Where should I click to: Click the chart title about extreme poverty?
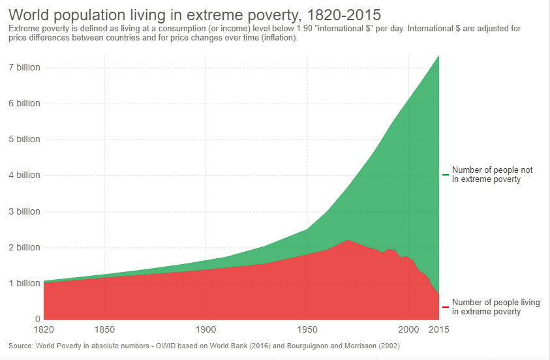point(194,14)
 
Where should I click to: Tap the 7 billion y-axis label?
point(24,67)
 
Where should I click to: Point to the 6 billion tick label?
point(24,103)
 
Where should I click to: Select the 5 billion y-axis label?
point(24,139)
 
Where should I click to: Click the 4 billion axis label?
point(24,175)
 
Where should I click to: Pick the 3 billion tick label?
point(24,211)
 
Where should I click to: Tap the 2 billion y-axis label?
point(24,247)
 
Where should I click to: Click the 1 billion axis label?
point(24,283)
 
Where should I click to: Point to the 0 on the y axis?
point(37,319)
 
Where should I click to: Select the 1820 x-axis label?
point(44,329)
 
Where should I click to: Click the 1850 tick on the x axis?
point(104,329)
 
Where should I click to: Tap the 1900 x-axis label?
point(206,329)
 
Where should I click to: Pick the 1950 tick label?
point(307,329)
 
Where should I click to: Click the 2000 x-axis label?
point(408,329)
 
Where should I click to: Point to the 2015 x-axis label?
point(438,329)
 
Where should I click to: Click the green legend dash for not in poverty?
point(445,175)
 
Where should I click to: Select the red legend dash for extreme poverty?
point(445,307)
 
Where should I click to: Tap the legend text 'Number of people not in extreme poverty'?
point(492,175)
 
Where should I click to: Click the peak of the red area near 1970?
point(348,241)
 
